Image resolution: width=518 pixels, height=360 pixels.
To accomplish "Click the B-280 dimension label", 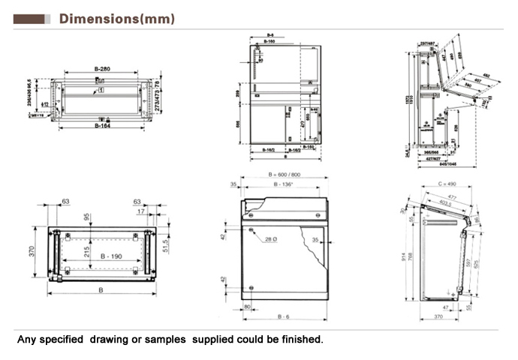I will pos(102,70).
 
